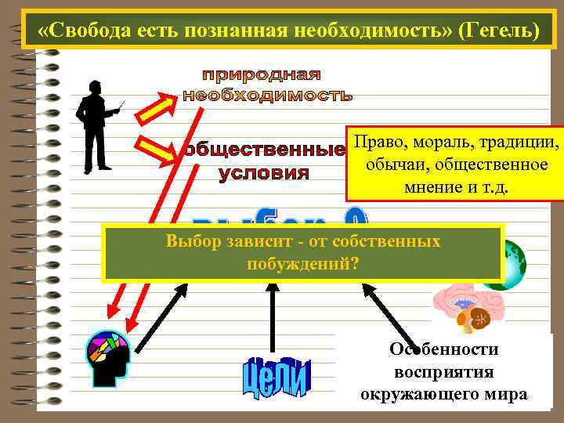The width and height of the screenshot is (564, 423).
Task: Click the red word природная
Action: coord(262,75)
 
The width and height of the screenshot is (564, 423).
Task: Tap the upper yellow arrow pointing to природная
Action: coord(161,107)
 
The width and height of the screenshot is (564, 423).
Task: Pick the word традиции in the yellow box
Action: coord(518,144)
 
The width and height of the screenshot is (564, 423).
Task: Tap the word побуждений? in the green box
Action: coord(303,263)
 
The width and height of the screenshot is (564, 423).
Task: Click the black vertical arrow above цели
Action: coord(272,317)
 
